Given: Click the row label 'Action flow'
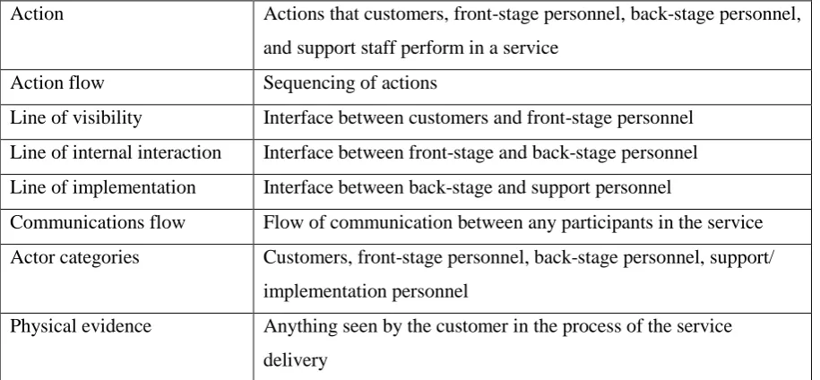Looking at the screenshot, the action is click(x=57, y=83).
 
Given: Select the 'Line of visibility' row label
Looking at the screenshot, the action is click(x=76, y=117).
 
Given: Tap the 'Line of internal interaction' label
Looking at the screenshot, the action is click(x=116, y=152).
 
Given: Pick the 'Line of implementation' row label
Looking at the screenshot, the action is click(x=103, y=187).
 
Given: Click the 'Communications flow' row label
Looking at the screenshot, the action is click(x=98, y=222).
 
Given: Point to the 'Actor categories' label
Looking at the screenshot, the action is click(x=74, y=258).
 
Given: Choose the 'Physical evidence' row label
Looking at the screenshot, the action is click(x=81, y=327).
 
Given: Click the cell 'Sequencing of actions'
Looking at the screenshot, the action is click(x=350, y=83).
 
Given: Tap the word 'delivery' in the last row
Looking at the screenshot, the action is click(x=296, y=360).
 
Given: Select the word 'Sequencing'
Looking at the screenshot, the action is click(x=306, y=83).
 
